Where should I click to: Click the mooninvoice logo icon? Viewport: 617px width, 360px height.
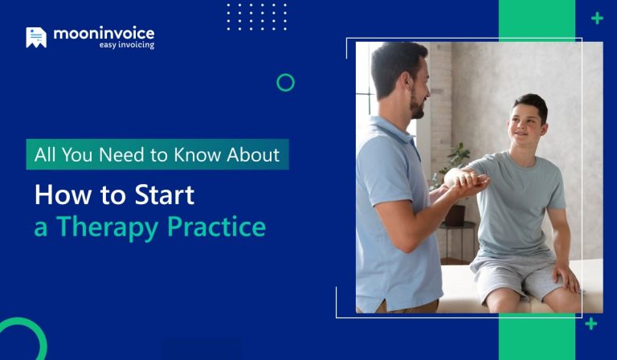[36, 37]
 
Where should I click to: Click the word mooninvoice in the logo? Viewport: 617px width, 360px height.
[104, 34]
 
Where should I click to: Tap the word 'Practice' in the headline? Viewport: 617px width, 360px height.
[216, 227]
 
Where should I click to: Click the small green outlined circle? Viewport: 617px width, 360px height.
[285, 82]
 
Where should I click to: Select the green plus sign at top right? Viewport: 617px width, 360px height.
[597, 18]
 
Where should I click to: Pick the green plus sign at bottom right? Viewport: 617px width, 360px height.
[591, 324]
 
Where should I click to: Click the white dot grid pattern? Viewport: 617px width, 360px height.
[256, 17]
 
